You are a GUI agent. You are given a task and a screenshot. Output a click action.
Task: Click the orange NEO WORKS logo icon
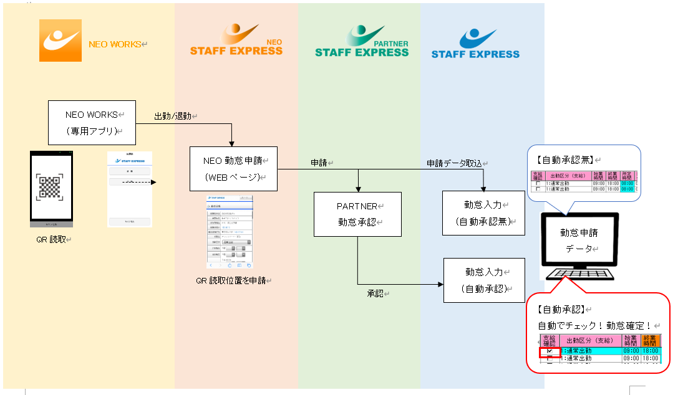click(61, 40)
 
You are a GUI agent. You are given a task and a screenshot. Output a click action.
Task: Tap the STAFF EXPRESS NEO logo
click(236, 41)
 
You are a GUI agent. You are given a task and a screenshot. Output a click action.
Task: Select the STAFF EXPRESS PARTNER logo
click(362, 42)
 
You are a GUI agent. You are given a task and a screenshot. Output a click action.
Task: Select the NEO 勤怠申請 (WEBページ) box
click(233, 168)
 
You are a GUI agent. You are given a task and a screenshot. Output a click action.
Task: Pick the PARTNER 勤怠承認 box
click(357, 214)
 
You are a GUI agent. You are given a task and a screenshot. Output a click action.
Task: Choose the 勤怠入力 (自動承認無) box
click(483, 212)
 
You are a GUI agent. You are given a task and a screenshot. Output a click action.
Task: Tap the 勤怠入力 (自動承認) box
click(484, 280)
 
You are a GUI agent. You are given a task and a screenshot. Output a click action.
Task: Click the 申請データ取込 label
click(455, 163)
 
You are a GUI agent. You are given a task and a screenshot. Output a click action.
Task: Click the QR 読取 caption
click(52, 239)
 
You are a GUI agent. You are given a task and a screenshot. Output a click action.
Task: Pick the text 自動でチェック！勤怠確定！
click(594, 325)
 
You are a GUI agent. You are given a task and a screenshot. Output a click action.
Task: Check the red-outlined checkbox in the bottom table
click(549, 352)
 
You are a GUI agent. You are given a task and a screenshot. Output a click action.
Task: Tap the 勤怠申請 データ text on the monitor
click(579, 240)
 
